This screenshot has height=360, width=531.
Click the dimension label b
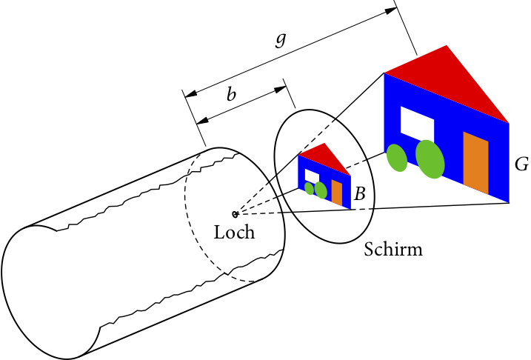231,94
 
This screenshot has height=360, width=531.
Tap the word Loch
234,233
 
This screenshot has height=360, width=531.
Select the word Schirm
393,250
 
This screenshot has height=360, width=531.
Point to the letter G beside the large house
521,164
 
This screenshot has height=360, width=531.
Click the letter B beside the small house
360,195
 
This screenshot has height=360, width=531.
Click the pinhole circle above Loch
235,214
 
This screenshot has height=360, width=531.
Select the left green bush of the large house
397,158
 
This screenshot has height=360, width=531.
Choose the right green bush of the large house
430,159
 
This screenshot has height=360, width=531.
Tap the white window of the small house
312,176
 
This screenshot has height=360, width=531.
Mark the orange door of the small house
337,193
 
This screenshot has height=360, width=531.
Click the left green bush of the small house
309,189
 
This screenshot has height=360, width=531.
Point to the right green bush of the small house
321,190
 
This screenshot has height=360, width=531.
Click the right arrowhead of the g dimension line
390,10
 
